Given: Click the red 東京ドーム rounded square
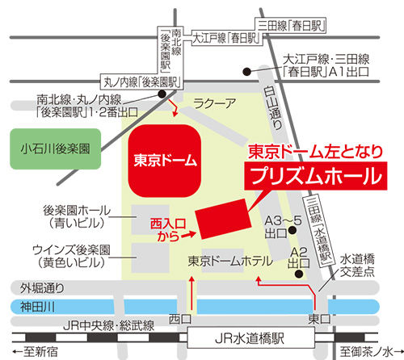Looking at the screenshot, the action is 165,161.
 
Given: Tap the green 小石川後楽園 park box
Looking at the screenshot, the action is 56,149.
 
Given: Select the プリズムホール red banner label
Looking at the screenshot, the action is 316,176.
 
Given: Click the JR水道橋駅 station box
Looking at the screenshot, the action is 251,338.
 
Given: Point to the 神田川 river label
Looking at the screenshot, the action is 38,307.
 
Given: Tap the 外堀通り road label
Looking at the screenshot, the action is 42,288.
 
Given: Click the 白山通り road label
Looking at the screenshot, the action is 272,107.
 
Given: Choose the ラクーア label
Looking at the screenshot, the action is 214,103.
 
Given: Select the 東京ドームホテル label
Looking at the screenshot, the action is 230,261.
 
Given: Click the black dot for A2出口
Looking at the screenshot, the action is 299,274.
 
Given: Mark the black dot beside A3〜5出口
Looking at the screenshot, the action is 292,230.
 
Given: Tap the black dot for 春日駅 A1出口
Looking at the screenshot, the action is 247,72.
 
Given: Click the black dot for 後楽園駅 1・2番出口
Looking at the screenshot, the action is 162,94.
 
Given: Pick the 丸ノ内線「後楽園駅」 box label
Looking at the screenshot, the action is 142,82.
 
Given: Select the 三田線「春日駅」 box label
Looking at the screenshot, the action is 291,26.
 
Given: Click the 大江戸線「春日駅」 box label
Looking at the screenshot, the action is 227,38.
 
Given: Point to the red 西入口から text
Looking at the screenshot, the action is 168,230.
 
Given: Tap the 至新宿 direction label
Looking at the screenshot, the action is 36,351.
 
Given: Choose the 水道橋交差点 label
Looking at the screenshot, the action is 357,266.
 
